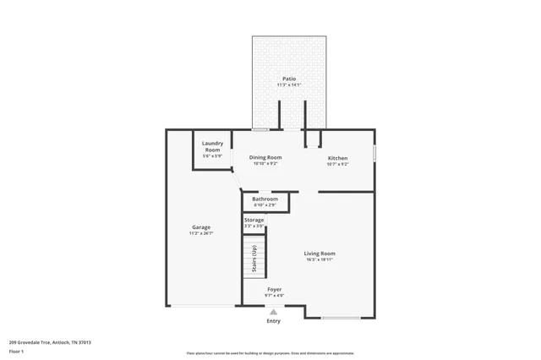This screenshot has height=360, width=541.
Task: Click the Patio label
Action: tap(289, 79)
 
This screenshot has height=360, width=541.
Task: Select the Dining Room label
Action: tap(265, 157)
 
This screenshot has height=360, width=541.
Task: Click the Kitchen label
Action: tap(337, 158)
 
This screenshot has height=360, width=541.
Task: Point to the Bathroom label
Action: tap(265, 199)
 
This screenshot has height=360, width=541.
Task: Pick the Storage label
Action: tap(254, 220)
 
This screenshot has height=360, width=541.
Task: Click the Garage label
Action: tap(200, 226)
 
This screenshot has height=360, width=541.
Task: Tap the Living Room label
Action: tap(320, 254)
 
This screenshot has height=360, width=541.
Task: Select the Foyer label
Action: tap(274, 289)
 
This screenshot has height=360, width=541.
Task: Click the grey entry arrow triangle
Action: tap(273, 311)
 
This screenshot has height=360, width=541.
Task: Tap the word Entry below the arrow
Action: tap(273, 321)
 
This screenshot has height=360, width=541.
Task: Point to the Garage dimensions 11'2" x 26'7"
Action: tap(200, 233)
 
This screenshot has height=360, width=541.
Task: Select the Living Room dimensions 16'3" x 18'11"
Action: tap(320, 260)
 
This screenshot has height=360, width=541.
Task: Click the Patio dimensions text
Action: tap(289, 85)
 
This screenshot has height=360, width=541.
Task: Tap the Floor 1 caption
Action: tap(17, 351)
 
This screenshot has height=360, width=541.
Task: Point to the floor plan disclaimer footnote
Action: tap(270, 353)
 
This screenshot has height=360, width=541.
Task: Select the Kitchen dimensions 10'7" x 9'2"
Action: tap(337, 164)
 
